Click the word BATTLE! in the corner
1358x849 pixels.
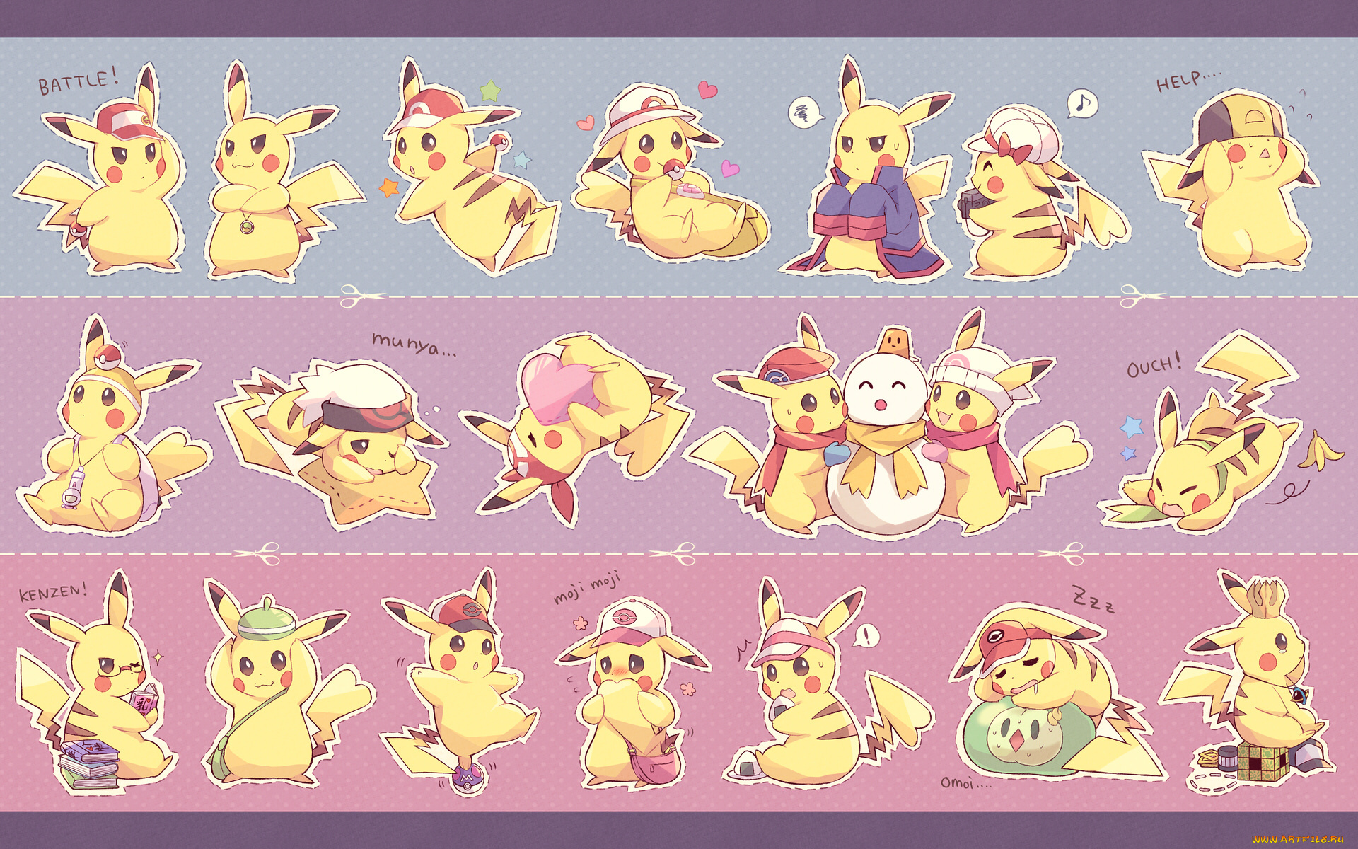[x=78, y=82]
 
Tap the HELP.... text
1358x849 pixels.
[x=1187, y=81]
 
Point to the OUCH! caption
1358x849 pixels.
[x=1154, y=366]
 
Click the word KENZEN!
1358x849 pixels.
[x=53, y=591]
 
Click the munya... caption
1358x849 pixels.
[x=414, y=345]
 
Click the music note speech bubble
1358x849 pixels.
[x=1082, y=104]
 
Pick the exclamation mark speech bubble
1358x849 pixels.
[x=864, y=635]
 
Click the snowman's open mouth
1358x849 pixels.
[x=881, y=405]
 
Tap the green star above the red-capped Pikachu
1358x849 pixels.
[x=489, y=91]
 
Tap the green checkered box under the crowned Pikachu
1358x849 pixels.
[x=1263, y=763]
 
